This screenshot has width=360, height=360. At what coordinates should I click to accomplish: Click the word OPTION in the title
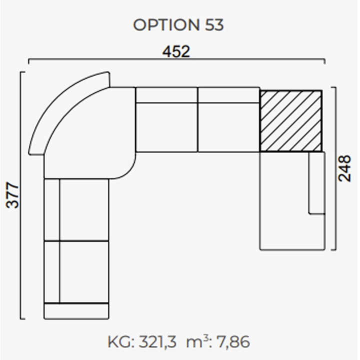[x=166, y=25]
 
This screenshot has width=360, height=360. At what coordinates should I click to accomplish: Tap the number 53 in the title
[x=214, y=25]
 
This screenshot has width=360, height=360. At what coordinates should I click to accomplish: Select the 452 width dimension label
[x=176, y=51]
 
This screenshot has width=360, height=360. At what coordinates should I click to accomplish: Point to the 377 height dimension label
[x=12, y=195]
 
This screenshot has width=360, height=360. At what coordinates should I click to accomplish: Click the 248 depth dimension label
[x=345, y=168]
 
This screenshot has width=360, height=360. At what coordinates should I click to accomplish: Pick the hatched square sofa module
[x=290, y=121]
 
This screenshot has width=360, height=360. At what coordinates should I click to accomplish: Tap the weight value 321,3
[x=157, y=342]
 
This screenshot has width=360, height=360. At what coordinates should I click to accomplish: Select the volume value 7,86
[x=233, y=342]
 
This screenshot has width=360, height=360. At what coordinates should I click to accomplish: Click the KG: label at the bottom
[x=121, y=342]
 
